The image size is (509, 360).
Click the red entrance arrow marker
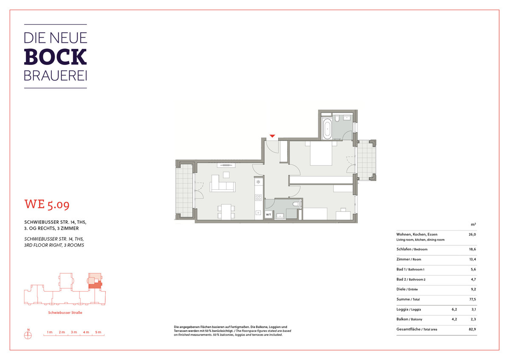[272, 136]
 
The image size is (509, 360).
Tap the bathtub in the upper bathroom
[327, 129]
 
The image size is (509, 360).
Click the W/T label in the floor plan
[268, 214]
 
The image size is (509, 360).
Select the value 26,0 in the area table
[472, 234]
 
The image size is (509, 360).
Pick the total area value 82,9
[472, 329]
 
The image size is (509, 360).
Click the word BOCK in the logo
[55, 56]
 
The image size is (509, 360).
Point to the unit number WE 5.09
[47, 204]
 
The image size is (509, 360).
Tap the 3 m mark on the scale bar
[74, 332]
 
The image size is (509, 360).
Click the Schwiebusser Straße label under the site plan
[65, 313]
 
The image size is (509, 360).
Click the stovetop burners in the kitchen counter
[258, 197]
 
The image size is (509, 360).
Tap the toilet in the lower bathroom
[296, 204]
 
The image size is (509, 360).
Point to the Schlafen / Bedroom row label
[412, 249]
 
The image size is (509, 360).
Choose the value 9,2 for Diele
[473, 289]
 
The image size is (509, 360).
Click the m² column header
[473, 225]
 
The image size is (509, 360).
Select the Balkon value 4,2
[454, 319]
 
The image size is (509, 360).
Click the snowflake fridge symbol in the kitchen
[258, 182]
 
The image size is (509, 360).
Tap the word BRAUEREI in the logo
[56, 76]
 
